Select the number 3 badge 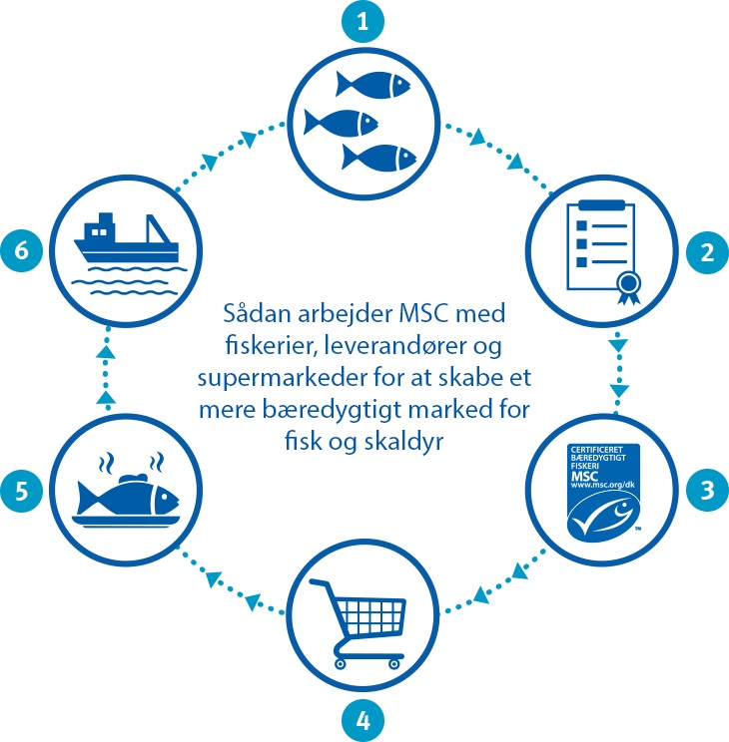[x=706, y=490]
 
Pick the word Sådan [x=254, y=315]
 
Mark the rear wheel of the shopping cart [x=341, y=661]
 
